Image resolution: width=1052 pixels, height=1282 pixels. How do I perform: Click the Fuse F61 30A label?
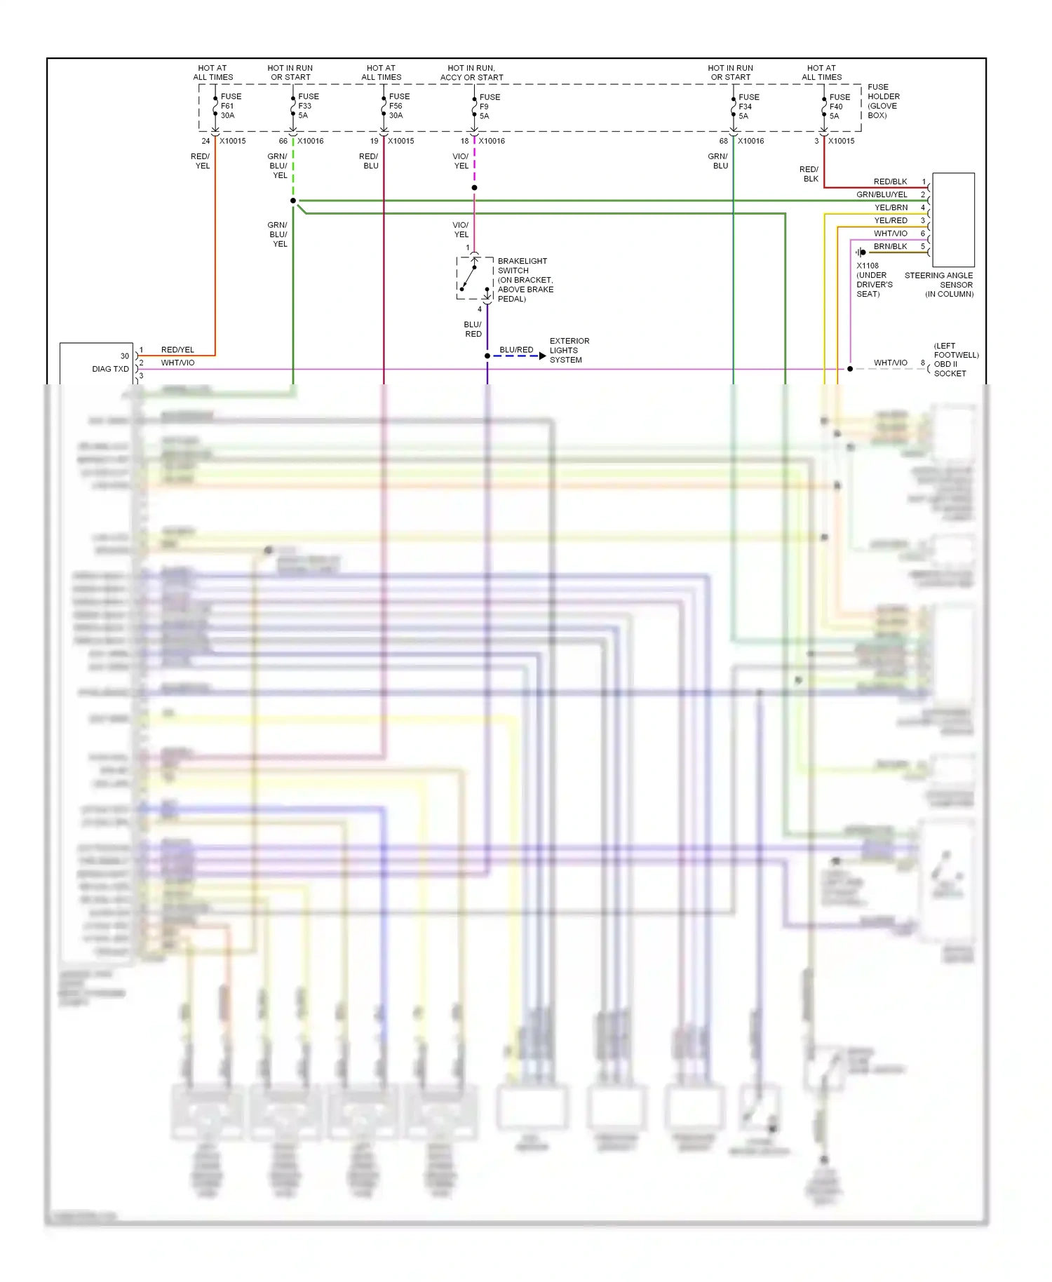pos(230,106)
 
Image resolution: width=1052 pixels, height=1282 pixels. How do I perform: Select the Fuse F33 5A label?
pos(307,106)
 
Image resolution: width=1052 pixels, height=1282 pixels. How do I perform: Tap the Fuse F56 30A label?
pos(398,106)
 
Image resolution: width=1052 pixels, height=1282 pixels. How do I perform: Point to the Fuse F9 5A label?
pos(489,107)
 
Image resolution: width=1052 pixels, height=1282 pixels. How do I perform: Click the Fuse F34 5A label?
pos(748,107)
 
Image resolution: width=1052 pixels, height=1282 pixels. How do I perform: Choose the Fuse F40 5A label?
pos(839,107)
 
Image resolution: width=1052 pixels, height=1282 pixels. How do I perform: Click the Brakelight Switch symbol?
pos(475,278)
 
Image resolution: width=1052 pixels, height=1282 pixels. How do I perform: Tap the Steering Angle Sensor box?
pos(952,219)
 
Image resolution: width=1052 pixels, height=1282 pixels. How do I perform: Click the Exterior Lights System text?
pos(569,350)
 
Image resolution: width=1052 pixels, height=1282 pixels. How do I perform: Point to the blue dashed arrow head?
pos(542,356)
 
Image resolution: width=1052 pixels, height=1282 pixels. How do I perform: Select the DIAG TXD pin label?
pos(110,369)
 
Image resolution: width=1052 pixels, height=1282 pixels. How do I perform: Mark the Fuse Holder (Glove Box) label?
pos(883,101)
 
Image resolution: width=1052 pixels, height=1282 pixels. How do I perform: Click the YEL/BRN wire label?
pos(890,208)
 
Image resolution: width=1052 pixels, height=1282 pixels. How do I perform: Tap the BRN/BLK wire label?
pos(890,246)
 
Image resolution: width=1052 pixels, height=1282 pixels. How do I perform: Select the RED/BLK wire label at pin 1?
pos(890,182)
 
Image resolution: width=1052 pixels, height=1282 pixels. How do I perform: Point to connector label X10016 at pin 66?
pos(310,141)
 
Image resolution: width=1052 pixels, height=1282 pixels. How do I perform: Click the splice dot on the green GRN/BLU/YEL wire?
pos(293,201)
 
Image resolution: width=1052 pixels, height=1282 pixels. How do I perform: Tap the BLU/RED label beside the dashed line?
pos(516,349)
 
